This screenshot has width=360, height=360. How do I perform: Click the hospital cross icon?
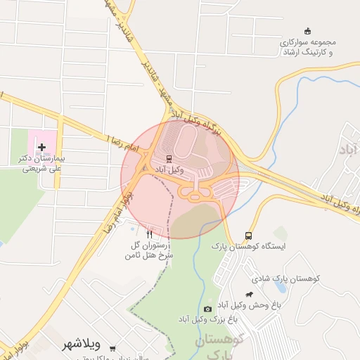coord(42,148)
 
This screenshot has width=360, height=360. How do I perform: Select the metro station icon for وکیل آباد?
coord(168,158)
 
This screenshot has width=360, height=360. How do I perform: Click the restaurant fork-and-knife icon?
coord(149,234)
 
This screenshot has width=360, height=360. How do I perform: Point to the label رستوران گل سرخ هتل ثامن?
coord(148,250)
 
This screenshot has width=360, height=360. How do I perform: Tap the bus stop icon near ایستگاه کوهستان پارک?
coord(248,236)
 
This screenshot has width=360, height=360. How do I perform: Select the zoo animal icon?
coord(249,295)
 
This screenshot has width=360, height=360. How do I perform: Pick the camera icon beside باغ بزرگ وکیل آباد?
coord(207,309)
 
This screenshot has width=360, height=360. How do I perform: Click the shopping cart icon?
coord(112,349)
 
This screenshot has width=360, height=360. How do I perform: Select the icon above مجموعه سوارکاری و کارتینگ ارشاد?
coord(306,30)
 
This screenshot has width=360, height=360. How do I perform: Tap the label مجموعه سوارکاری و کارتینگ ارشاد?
coord(305,47)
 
